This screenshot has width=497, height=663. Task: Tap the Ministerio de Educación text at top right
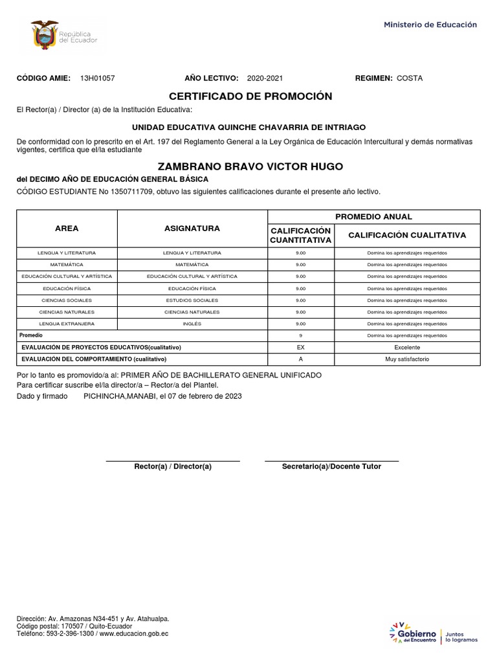(x=430, y=25)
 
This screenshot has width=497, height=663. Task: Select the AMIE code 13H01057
(x=97, y=78)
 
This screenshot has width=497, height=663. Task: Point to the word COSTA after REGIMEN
(x=410, y=78)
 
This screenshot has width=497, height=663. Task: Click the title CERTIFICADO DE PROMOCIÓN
(x=250, y=96)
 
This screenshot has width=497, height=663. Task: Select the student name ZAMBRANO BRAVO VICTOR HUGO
(x=250, y=166)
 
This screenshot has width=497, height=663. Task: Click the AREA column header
(x=67, y=229)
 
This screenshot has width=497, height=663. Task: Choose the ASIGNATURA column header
(x=192, y=229)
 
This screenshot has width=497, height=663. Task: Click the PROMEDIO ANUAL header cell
(x=373, y=217)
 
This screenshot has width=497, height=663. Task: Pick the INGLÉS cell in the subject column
(x=192, y=323)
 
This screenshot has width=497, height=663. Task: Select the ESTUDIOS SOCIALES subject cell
(x=192, y=300)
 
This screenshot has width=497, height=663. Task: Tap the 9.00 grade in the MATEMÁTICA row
(x=300, y=265)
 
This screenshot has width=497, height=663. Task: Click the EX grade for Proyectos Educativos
(x=300, y=348)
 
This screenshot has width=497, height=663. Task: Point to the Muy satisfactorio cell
(x=406, y=359)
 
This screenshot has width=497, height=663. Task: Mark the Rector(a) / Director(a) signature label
(x=173, y=467)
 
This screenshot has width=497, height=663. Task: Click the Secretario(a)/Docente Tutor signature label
(x=331, y=467)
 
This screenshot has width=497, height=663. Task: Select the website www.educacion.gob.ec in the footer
(x=133, y=634)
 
